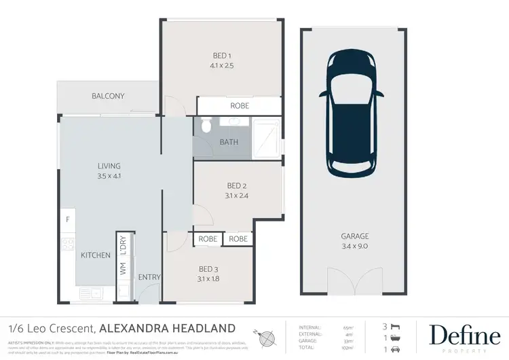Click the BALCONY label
point(108,96)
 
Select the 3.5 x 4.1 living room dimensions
point(109,176)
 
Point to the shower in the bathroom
point(267,138)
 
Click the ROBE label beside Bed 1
point(240,106)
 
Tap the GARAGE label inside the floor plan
point(355,236)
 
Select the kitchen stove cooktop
point(68,245)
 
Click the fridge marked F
point(68,219)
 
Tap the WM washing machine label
point(123,269)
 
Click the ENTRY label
point(149,277)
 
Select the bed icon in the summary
point(396,327)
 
